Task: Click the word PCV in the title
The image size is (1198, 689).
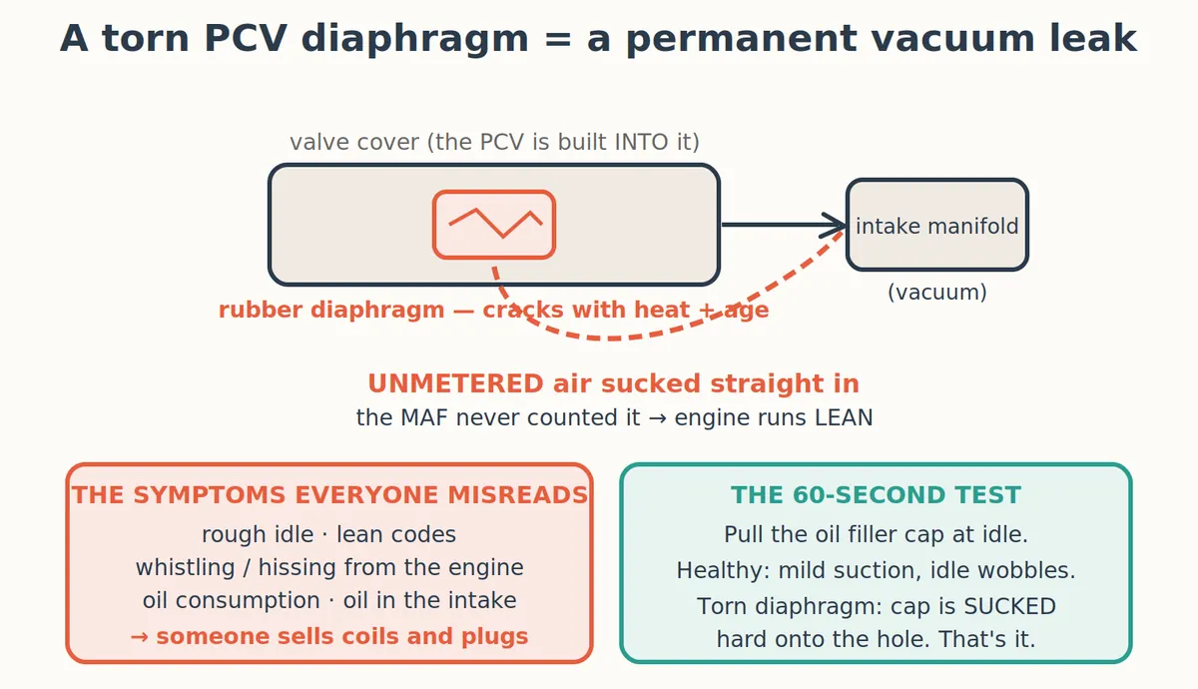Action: click(246, 39)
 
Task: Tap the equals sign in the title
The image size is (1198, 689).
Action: click(559, 40)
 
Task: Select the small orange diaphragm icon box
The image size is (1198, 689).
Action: click(493, 225)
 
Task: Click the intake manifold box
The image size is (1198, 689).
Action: click(937, 225)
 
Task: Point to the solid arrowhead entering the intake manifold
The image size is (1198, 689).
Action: click(834, 226)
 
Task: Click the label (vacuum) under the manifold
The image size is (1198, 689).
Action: click(937, 292)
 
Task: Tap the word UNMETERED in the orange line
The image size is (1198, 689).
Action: click(455, 383)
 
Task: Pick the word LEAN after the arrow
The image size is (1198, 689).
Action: click(844, 417)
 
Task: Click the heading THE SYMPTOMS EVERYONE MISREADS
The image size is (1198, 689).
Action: click(329, 495)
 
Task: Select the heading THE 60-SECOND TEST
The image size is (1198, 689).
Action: click(877, 495)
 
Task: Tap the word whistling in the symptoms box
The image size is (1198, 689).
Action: click(185, 567)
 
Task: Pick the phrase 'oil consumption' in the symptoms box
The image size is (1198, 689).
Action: click(231, 601)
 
